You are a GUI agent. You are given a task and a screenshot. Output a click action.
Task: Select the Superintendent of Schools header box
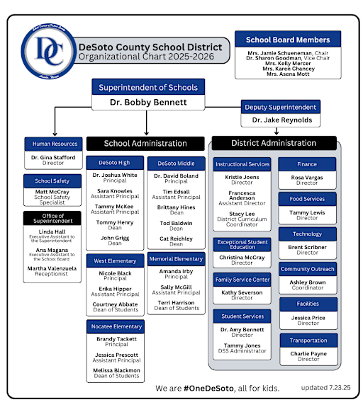[x=148, y=87]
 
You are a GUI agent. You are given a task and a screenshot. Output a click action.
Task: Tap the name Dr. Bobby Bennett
[x=148, y=103]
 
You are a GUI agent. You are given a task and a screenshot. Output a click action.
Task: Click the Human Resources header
[x=54, y=143]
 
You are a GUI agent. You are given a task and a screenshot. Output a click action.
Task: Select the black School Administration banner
[x=145, y=143]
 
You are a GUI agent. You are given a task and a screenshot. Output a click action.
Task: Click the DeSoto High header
[x=114, y=164]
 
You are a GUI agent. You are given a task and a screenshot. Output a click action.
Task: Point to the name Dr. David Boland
[x=176, y=175]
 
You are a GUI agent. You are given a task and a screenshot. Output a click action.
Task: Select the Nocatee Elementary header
[x=116, y=326]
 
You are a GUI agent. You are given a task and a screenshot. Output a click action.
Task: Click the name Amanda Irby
[x=176, y=271]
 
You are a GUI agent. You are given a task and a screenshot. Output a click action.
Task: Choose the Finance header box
[x=307, y=164]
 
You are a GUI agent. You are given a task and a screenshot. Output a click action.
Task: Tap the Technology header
[x=307, y=234]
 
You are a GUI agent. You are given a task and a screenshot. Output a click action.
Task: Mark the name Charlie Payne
[x=307, y=352]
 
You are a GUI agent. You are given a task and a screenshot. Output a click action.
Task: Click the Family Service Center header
[x=242, y=280]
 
